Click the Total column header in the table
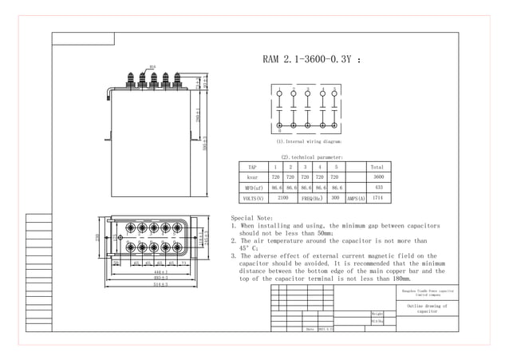tap(377, 166)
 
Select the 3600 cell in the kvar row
tap(378, 176)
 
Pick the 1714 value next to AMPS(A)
tap(378, 197)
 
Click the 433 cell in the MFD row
tap(378, 187)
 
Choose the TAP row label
tap(252, 166)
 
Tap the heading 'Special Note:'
tap(251, 218)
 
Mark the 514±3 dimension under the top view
tap(160, 285)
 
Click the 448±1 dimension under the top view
tap(160, 272)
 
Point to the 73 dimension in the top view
tap(183, 262)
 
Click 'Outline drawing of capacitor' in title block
tap(428, 308)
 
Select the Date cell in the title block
tap(310, 328)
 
